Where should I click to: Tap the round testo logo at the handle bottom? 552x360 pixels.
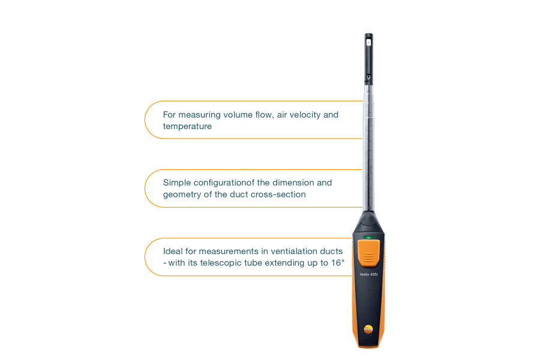click(368, 329)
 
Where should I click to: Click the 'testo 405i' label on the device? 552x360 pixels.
click(368, 274)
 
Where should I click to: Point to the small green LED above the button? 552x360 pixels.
click(368, 238)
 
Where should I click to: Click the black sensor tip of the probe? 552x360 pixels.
click(368, 59)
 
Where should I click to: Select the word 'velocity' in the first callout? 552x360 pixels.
click(305, 115)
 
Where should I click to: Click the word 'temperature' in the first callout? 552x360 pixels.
click(187, 127)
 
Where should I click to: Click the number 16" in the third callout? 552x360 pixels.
click(338, 263)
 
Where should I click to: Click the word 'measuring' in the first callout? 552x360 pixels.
click(197, 115)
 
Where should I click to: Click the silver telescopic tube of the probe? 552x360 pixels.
click(368, 148)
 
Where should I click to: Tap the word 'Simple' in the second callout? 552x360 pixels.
click(177, 183)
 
